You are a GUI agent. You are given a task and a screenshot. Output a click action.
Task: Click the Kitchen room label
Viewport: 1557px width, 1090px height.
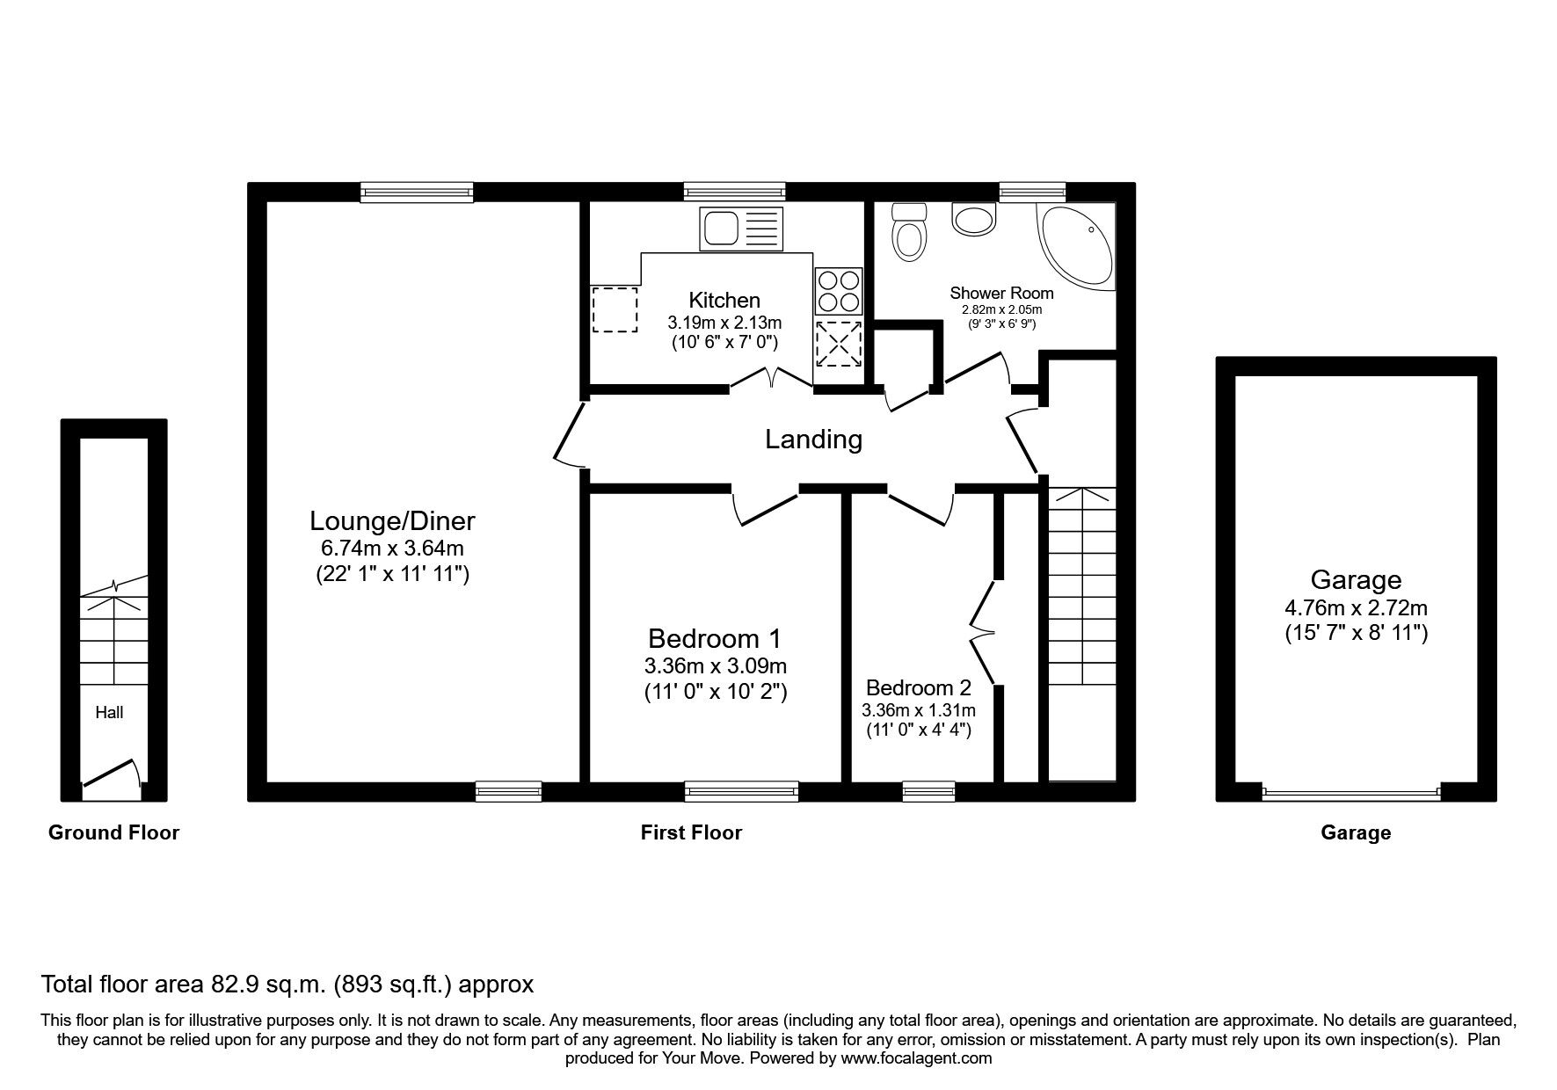(x=724, y=300)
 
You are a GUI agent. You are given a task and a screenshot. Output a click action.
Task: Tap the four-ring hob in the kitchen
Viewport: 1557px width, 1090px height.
(x=838, y=291)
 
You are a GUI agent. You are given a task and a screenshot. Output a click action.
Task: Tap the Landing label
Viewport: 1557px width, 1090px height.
(x=813, y=439)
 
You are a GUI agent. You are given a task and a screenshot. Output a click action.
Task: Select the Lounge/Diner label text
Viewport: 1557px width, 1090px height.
(x=392, y=521)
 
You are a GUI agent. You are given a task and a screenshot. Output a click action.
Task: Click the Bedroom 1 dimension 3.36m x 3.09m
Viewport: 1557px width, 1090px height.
(x=715, y=666)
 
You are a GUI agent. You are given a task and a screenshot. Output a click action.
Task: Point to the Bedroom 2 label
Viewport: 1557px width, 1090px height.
(x=919, y=687)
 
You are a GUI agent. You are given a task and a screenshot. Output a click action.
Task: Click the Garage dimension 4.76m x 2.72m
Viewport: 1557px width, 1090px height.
(x=1355, y=607)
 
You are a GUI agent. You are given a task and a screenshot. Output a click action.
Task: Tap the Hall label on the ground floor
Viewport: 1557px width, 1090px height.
(x=109, y=713)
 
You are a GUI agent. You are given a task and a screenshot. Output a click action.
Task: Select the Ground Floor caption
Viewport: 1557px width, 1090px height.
(x=113, y=832)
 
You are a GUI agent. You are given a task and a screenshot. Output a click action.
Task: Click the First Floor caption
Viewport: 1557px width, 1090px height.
(x=691, y=832)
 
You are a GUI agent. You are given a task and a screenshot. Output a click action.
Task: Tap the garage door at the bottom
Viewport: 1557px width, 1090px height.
(x=1351, y=793)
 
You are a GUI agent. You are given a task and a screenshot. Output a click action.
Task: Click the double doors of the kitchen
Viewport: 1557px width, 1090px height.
(x=771, y=378)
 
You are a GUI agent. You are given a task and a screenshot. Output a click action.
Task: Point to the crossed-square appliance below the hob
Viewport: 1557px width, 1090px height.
(x=838, y=344)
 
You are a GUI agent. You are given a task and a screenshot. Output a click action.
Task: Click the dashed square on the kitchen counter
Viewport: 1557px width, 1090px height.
(x=614, y=309)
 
